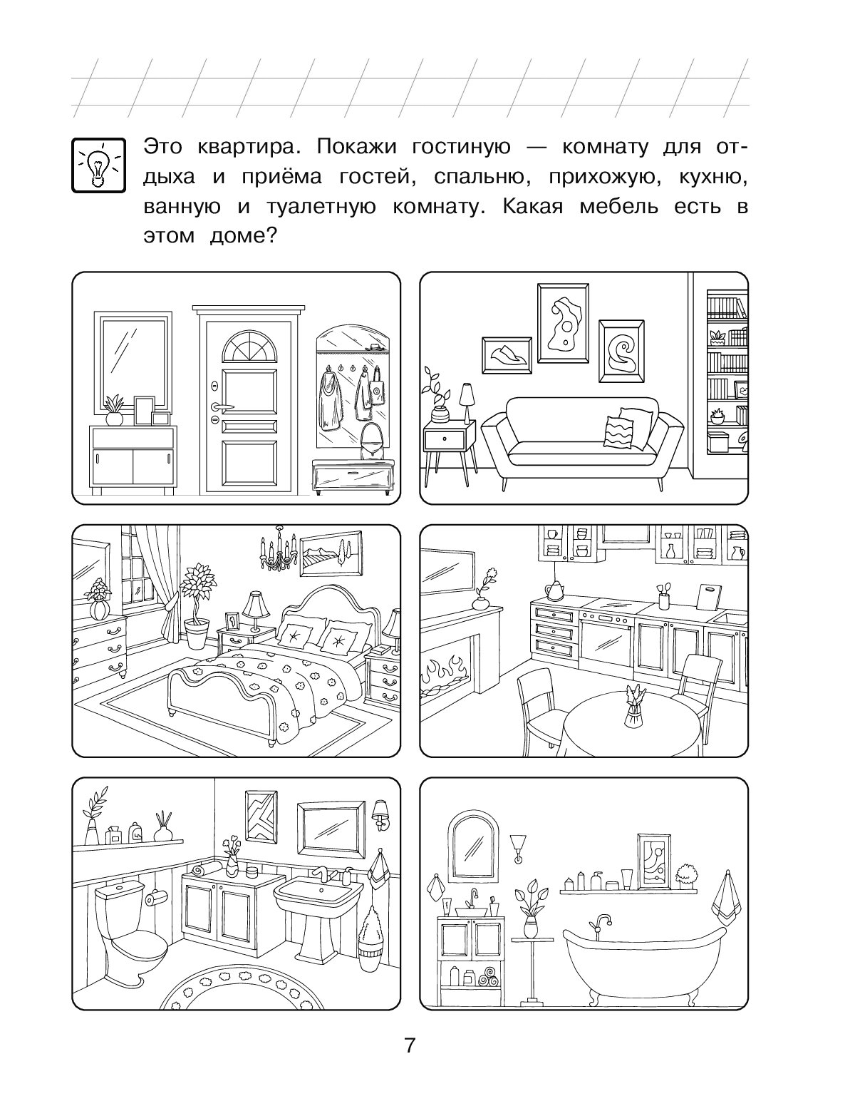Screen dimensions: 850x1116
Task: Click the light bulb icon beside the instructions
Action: click(98, 165)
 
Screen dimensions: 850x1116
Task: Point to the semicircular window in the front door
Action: click(249, 348)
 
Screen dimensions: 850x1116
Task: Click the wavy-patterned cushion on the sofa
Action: click(618, 432)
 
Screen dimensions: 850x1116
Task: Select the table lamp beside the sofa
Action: click(466, 401)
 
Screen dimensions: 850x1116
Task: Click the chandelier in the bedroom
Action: click(279, 548)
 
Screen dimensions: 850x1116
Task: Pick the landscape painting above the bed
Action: click(331, 553)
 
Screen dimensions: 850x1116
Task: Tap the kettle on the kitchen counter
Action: click(555, 590)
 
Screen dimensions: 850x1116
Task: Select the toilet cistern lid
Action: click(120, 889)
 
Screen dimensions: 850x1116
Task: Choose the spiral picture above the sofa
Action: click(621, 352)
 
